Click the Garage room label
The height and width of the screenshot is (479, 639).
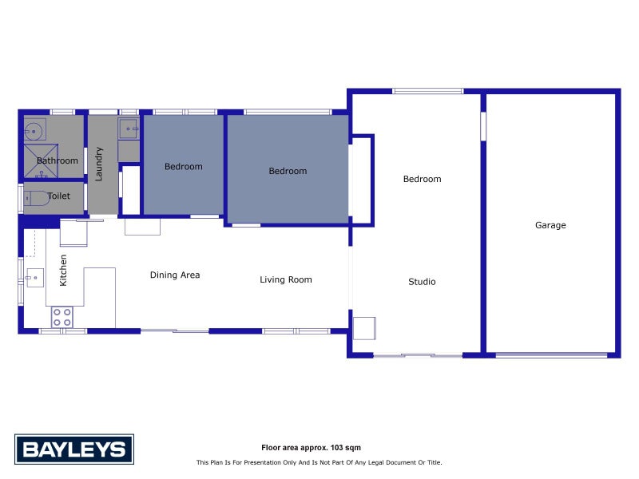550,225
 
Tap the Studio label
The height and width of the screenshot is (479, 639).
422,282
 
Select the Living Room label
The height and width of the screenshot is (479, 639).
286,279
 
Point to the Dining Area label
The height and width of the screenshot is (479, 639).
175,275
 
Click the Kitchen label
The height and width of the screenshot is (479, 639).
64,270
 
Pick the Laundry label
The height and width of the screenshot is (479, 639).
99,164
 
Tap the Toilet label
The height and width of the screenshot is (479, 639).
59,196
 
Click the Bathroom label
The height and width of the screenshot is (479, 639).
58,160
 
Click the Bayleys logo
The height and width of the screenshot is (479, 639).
74,449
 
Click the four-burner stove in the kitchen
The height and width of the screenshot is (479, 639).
62,317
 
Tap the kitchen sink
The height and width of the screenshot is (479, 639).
34,279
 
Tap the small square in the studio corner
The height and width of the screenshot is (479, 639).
364,328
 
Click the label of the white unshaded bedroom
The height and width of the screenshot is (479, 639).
422,179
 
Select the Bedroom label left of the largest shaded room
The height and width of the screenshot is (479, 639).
184,167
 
